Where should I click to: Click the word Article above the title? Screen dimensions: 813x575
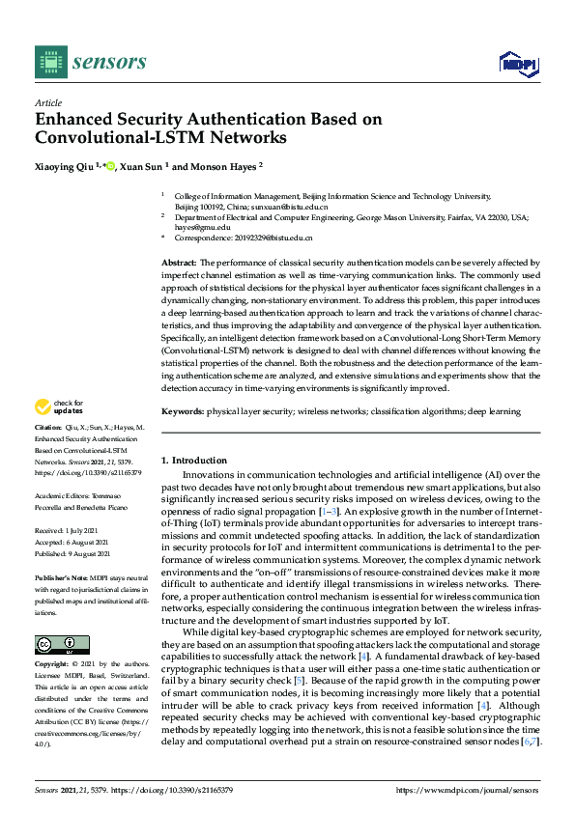click(47, 102)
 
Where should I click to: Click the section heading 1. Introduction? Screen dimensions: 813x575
click(194, 461)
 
